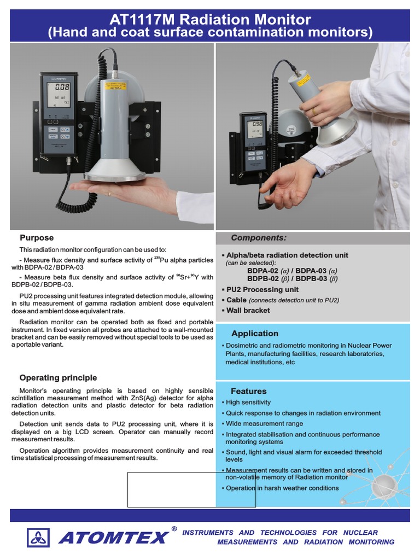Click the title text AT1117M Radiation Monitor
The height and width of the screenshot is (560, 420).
click(x=210, y=20)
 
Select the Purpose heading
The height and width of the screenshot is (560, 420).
click(x=37, y=238)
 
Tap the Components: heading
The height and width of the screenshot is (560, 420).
click(x=258, y=238)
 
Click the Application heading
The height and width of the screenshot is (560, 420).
click(x=254, y=334)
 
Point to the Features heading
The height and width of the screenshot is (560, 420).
click(x=248, y=391)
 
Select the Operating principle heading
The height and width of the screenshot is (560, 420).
click(x=58, y=378)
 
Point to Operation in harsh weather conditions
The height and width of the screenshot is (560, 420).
click(x=282, y=488)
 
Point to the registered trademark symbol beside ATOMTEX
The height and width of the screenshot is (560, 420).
click(x=174, y=529)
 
